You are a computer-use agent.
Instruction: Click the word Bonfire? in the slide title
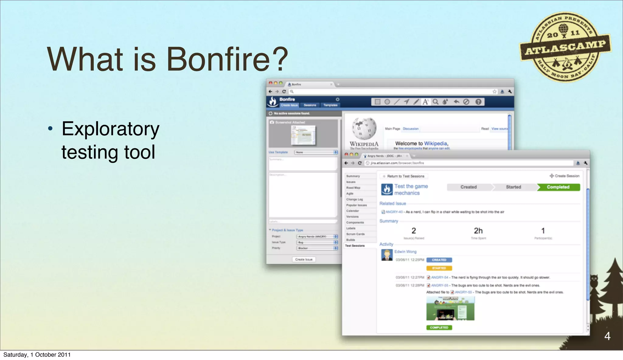click(227, 59)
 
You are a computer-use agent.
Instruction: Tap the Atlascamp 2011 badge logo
click(565, 47)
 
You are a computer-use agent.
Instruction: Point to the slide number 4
click(607, 336)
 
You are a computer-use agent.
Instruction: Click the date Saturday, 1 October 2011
click(37, 355)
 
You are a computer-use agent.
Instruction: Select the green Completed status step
click(558, 187)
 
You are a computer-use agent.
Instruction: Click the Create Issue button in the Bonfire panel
click(304, 259)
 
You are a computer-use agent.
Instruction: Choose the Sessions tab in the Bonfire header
click(310, 105)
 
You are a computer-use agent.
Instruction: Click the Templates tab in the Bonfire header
click(330, 105)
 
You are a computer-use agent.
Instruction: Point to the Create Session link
click(565, 176)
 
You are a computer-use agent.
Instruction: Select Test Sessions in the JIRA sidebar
click(355, 245)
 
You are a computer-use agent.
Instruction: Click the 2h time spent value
click(478, 231)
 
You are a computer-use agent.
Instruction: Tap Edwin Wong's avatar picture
click(387, 255)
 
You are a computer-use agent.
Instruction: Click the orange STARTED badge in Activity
click(439, 268)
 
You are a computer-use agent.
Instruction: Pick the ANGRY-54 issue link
click(440, 277)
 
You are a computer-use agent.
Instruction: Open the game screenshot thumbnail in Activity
click(450, 309)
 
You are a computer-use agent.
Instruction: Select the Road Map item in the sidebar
click(353, 188)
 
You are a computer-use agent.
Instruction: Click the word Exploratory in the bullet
click(110, 129)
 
